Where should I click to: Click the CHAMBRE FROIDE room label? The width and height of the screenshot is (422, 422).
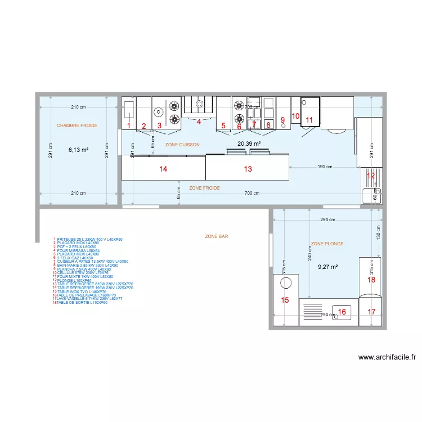pyautogui.click(x=77, y=125)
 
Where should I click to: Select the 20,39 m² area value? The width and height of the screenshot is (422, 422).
pyautogui.click(x=248, y=144)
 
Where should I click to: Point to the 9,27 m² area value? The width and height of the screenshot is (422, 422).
pyautogui.click(x=327, y=267)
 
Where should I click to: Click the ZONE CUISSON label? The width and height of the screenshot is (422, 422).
pyautogui.click(x=182, y=145)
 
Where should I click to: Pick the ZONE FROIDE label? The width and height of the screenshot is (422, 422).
pyautogui.click(x=204, y=188)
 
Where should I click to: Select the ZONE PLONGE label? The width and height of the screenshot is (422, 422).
pyautogui.click(x=327, y=244)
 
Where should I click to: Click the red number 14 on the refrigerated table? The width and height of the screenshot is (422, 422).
pyautogui.click(x=163, y=169)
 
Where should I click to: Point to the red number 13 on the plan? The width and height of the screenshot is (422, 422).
pyautogui.click(x=248, y=169)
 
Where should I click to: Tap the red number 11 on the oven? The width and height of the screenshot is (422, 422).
pyautogui.click(x=309, y=119)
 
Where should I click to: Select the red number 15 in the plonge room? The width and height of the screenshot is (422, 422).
pyautogui.click(x=285, y=300)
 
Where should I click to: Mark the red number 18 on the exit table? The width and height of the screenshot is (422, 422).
pyautogui.click(x=371, y=280)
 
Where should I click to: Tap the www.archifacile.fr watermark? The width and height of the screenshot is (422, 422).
pyautogui.click(x=387, y=357)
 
